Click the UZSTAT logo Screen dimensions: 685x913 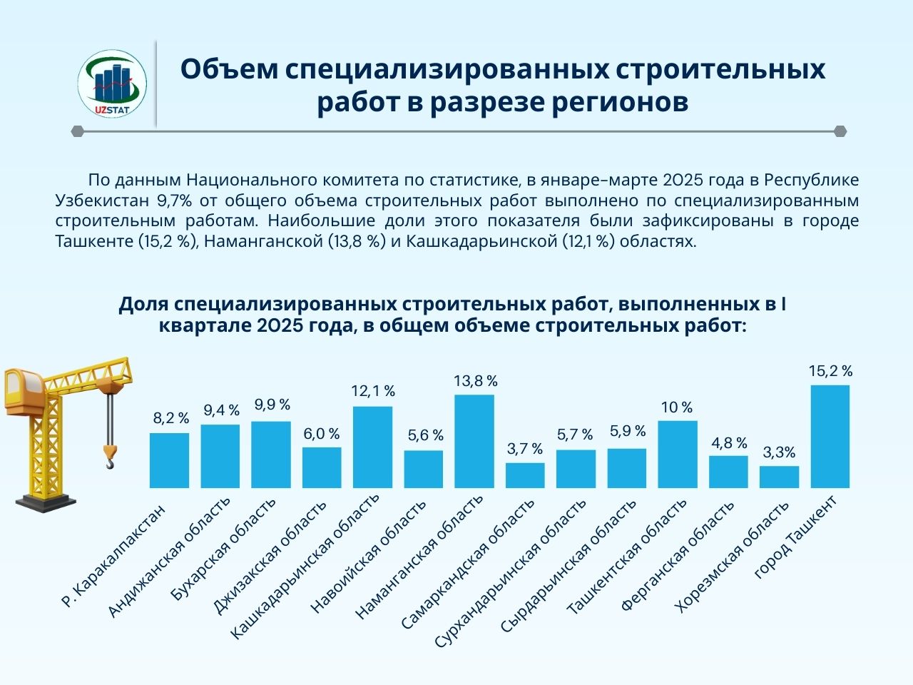pyautogui.click(x=112, y=84)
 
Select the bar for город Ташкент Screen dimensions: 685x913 pyautogui.click(x=830, y=437)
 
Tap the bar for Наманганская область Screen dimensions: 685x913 pyautogui.click(x=474, y=441)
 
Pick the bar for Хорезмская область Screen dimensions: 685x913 pyautogui.click(x=779, y=477)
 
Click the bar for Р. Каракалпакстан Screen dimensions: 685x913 pyautogui.click(x=169, y=460)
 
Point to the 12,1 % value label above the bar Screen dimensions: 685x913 pyautogui.click(x=373, y=391)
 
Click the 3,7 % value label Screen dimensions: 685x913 pyautogui.click(x=525, y=449)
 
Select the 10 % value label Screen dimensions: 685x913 pyautogui.click(x=677, y=407)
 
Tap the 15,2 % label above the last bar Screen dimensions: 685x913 pyautogui.click(x=831, y=371)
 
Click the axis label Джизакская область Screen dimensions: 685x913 pyautogui.click(x=272, y=556)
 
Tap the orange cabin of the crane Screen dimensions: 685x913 pyautogui.click(x=22, y=390)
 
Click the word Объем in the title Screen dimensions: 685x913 pyautogui.click(x=228, y=69)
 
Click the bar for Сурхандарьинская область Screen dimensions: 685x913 pyautogui.click(x=576, y=468)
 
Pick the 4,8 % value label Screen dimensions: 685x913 pyautogui.click(x=729, y=443)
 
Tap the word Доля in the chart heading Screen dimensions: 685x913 pyautogui.click(x=143, y=304)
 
